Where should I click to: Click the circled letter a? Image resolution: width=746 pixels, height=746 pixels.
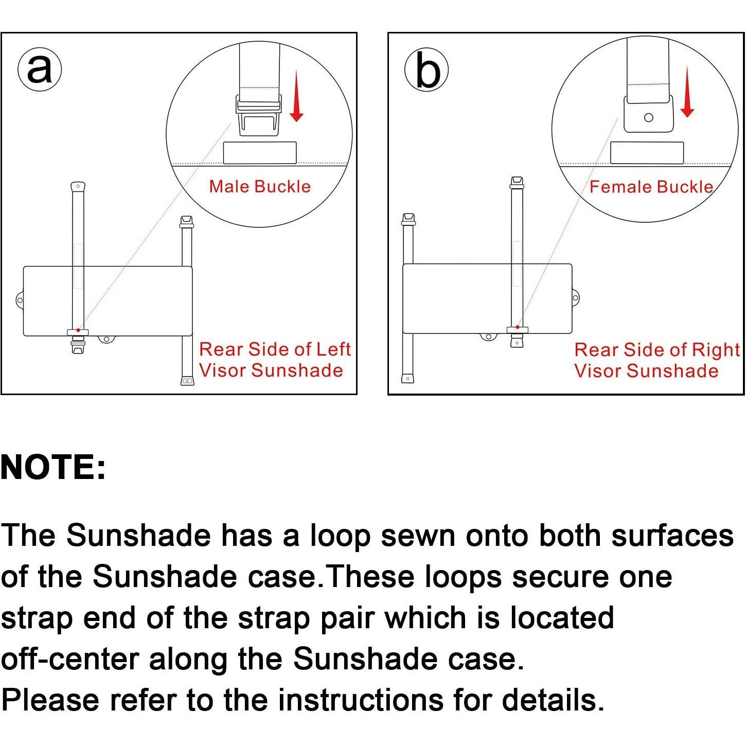coord(40,69)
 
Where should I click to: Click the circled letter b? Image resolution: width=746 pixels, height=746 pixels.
coord(427,69)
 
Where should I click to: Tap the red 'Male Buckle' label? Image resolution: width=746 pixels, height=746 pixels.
coord(260,187)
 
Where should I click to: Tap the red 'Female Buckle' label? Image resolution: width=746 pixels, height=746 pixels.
coord(651,187)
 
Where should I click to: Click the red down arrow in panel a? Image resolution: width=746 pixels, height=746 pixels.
coord(296,96)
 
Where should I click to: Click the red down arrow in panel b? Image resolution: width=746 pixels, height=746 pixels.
coord(687,92)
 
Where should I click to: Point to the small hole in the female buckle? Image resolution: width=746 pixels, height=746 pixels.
coord(649,118)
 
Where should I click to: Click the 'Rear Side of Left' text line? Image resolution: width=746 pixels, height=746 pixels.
coord(275,349)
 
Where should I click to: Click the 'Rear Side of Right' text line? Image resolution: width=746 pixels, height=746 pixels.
coord(657,350)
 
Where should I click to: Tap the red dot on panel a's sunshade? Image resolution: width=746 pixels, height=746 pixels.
coord(79,330)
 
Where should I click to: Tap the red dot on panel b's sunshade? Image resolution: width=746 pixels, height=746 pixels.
coord(517,327)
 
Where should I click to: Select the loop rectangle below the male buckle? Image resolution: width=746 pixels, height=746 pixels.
coord(260,153)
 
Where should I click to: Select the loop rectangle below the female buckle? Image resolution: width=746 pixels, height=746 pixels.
coord(647,153)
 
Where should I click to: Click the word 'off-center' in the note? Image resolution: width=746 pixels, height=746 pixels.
coord(70,659)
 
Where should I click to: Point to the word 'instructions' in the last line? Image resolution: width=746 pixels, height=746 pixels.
coord(361,700)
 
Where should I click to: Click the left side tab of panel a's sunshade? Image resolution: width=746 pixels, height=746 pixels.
coord(20,300)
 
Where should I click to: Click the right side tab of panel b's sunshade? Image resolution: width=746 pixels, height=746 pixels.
coord(575,298)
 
